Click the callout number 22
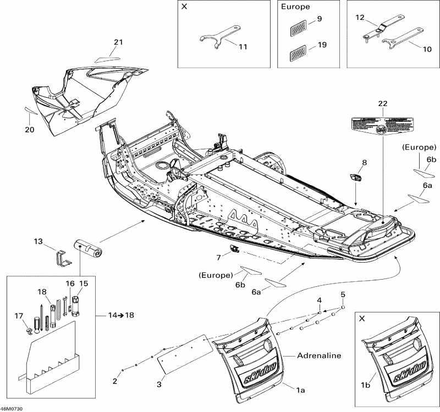[x=383, y=104]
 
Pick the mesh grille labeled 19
[x=298, y=53]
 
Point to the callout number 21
[x=119, y=42]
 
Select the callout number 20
[x=29, y=130]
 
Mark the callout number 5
[x=343, y=295]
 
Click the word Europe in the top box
[x=295, y=8]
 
